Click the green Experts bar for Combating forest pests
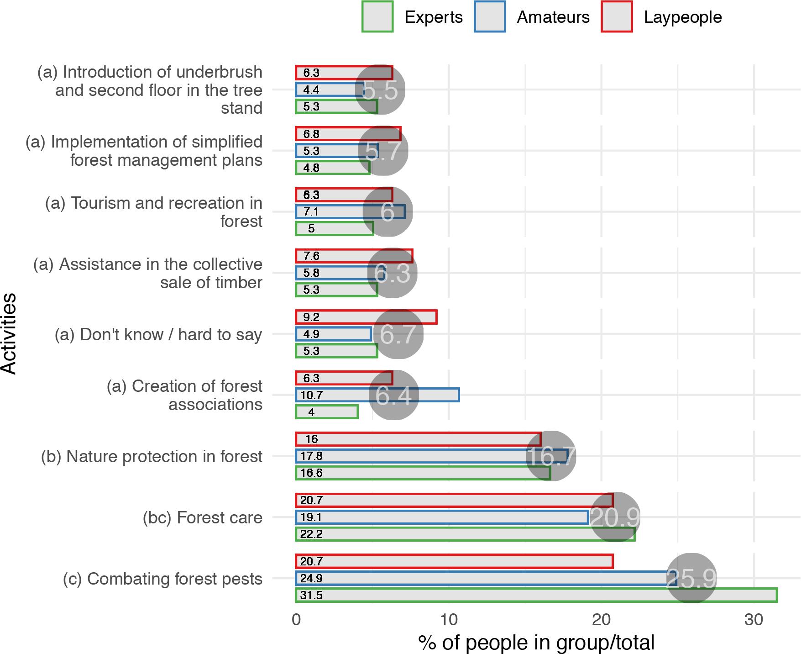pyautogui.click(x=536, y=595)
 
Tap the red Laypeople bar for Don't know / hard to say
pyautogui.click(x=366, y=317)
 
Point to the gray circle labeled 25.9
pyautogui.click(x=691, y=578)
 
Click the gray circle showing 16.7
pyautogui.click(x=551, y=456)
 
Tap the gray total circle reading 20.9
pyautogui.click(x=615, y=517)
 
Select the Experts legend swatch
pyautogui.click(x=377, y=17)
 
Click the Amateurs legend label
pyautogui.click(x=553, y=17)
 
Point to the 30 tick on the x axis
pyautogui.click(x=754, y=620)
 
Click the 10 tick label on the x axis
pyautogui.click(x=449, y=620)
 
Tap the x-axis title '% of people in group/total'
pyautogui.click(x=536, y=643)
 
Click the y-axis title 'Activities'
pyautogui.click(x=9, y=334)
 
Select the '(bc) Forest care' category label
pyautogui.click(x=203, y=518)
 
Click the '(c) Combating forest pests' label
pyautogui.click(x=163, y=579)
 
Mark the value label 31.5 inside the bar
pyautogui.click(x=311, y=596)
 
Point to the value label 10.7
pyautogui.click(x=311, y=395)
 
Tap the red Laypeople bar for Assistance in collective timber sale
pyautogui.click(x=354, y=256)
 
